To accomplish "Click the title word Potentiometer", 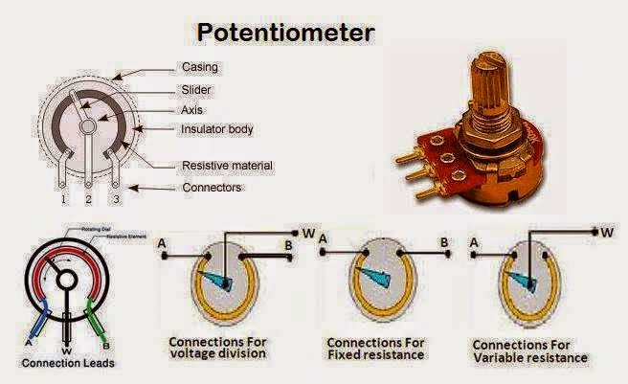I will click(x=285, y=33).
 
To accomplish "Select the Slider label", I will click(x=196, y=89).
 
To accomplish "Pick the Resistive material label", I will click(x=228, y=166).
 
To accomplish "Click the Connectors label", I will click(x=212, y=187).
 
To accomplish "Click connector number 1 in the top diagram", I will click(x=63, y=199).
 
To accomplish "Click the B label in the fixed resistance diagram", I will click(x=444, y=242).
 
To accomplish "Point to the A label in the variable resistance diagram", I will click(x=474, y=243).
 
